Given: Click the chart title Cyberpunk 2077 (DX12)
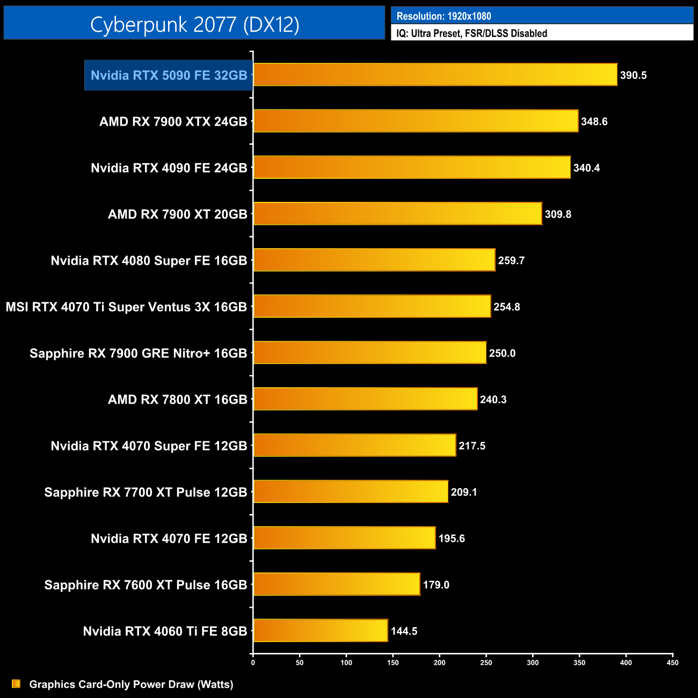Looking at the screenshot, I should [194, 24].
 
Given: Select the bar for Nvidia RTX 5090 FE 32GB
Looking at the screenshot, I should [435, 75].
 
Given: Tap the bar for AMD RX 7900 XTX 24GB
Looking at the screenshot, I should [416, 121].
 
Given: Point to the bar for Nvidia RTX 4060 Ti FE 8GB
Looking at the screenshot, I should [321, 630].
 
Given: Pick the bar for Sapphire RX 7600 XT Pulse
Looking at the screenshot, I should [337, 584].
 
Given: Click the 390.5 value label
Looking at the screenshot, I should [633, 75].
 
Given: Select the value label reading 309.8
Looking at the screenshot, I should [558, 214].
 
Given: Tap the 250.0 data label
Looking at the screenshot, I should [502, 353].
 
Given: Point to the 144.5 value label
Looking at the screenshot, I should [404, 631].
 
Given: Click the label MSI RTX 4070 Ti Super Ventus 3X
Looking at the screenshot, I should [126, 307].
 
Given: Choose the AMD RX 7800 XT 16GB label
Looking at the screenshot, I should [177, 399].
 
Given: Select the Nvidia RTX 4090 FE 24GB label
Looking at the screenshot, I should [169, 168].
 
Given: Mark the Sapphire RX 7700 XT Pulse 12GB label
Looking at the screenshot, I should [146, 492].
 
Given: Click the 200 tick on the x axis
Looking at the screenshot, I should [439, 663].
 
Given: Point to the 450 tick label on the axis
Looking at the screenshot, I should [672, 663].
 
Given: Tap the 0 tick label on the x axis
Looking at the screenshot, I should [253, 663].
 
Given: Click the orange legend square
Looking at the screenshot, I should [16, 684].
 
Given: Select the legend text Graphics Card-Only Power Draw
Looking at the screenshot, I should [131, 684].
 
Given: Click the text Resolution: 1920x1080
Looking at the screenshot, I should [443, 16].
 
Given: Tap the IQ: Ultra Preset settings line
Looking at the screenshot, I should [471, 33].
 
